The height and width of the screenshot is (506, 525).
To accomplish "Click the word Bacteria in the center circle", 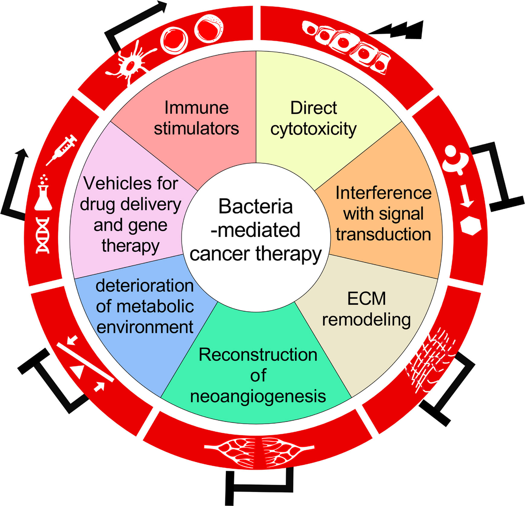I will click(x=255, y=207).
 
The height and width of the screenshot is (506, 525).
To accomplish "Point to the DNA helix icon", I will click(x=43, y=235).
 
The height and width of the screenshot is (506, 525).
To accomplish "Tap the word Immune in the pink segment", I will click(x=196, y=108).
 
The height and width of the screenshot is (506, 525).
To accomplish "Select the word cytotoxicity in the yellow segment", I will click(x=313, y=129).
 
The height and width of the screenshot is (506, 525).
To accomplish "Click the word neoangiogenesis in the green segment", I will click(x=258, y=396).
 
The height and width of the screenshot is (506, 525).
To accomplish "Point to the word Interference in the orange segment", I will click(x=383, y=193).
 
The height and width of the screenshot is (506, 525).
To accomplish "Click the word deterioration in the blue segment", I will click(x=144, y=285).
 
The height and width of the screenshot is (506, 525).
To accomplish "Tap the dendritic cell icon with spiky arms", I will click(x=131, y=64).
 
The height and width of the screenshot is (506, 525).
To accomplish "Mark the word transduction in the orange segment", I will click(x=383, y=235).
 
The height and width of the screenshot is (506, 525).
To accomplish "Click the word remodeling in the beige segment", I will click(x=367, y=320).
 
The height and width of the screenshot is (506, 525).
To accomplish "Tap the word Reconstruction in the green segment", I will click(x=258, y=355).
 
